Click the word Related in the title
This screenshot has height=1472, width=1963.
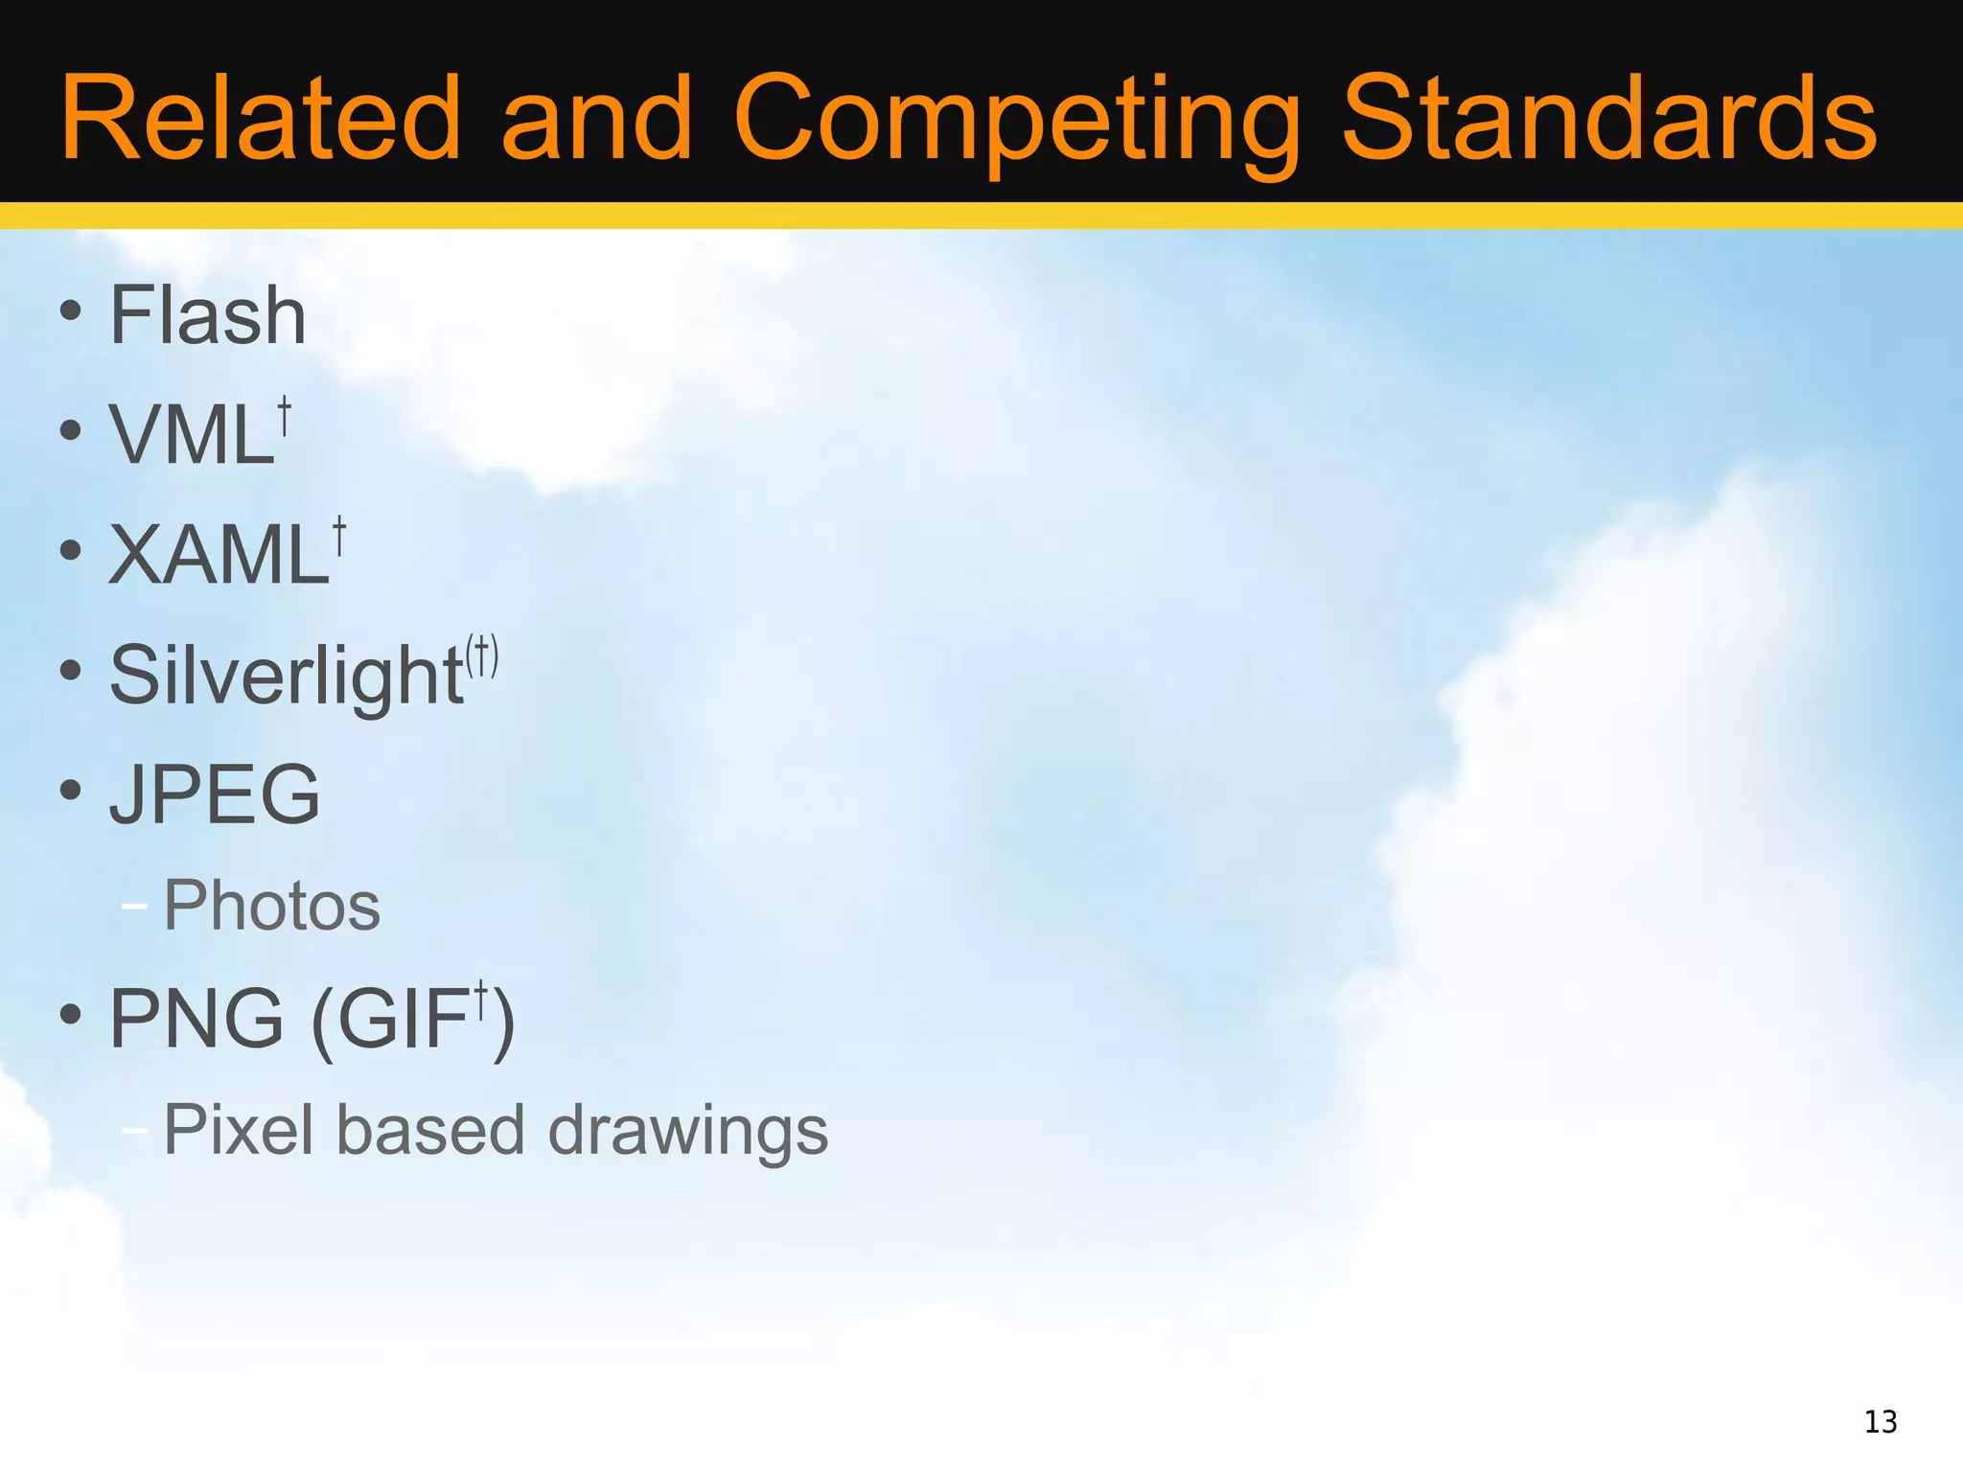pos(261,119)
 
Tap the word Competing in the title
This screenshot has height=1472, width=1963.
pos(1016,121)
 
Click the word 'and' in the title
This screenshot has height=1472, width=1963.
pos(596,119)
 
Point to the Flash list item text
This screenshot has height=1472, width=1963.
pos(207,315)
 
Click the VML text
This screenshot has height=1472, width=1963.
pos(192,435)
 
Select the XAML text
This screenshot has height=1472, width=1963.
pos(219,555)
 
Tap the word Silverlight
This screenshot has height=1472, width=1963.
pos(287,677)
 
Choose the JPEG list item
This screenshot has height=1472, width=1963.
pos(215,794)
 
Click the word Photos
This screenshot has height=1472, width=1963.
pos(272,906)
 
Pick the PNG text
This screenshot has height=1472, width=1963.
pos(196,1018)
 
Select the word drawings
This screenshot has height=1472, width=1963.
pos(687,1132)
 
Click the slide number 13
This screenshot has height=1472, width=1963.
pos(1881,1421)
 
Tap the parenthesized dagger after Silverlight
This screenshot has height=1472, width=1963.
pos(482,656)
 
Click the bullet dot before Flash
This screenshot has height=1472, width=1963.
pos(70,310)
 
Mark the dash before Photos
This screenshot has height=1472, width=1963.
pos(135,906)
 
